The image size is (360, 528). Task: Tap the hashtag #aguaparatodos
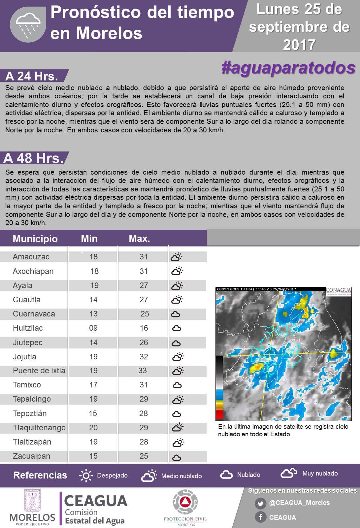[288, 68]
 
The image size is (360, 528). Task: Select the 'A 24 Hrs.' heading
[32, 76]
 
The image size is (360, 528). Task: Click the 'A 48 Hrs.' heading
[33, 158]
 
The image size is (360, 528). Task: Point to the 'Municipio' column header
[35, 239]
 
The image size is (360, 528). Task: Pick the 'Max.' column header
[139, 239]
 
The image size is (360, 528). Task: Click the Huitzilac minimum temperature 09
[93, 328]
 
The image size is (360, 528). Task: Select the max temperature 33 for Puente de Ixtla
[143, 371]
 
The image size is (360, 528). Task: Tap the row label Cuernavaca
[34, 314]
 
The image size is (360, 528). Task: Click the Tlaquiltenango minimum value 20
[93, 428]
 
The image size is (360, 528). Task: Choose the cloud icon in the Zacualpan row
[177, 457]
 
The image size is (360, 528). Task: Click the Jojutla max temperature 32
[144, 357]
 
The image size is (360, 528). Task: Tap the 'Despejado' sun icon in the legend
[86, 476]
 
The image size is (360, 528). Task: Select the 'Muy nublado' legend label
[320, 474]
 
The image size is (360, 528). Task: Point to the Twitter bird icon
[260, 504]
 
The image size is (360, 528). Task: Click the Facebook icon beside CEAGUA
[260, 517]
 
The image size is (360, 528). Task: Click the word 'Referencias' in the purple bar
[40, 475]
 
